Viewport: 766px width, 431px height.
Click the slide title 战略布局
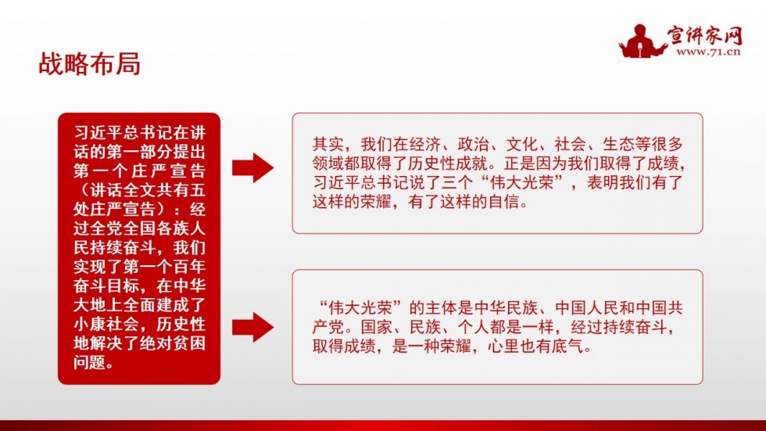point(89,64)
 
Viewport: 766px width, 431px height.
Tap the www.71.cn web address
point(708,52)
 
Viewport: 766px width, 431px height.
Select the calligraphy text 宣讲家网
point(705,34)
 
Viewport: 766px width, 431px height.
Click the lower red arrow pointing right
point(252,325)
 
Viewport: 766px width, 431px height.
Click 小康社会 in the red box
point(106,324)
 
